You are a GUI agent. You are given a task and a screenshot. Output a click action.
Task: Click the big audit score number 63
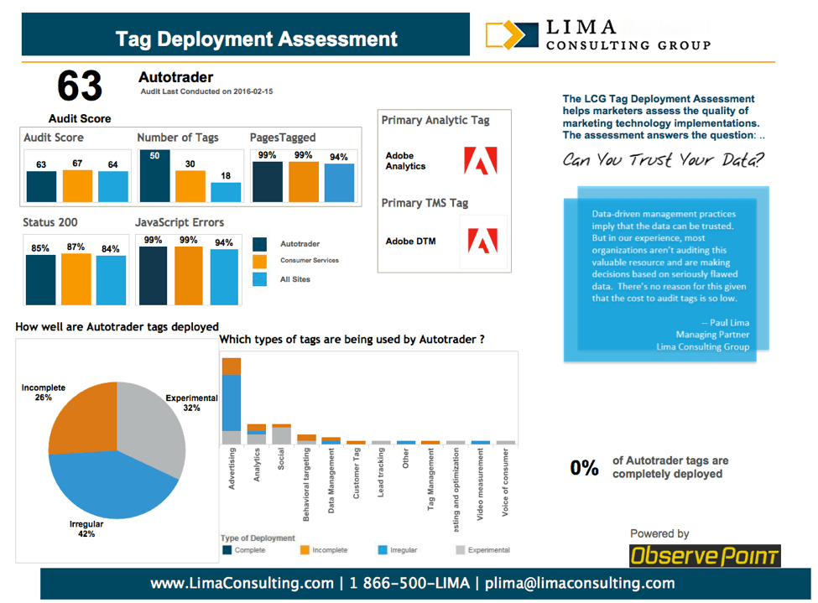click(80, 86)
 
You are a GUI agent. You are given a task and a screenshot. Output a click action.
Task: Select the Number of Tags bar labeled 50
click(154, 176)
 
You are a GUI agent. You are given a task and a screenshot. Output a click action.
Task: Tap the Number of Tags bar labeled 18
click(226, 192)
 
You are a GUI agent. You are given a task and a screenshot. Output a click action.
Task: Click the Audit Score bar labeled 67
click(76, 185)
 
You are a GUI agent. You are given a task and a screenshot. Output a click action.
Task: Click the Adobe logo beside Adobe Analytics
click(481, 161)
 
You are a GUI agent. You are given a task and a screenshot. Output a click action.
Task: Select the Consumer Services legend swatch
click(260, 262)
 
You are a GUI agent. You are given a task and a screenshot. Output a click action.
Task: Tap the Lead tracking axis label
click(381, 474)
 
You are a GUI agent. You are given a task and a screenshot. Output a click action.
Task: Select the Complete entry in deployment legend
click(227, 550)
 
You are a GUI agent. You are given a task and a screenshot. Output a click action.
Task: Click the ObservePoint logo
click(705, 556)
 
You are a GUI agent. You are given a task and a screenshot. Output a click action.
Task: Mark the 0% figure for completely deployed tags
click(585, 468)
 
